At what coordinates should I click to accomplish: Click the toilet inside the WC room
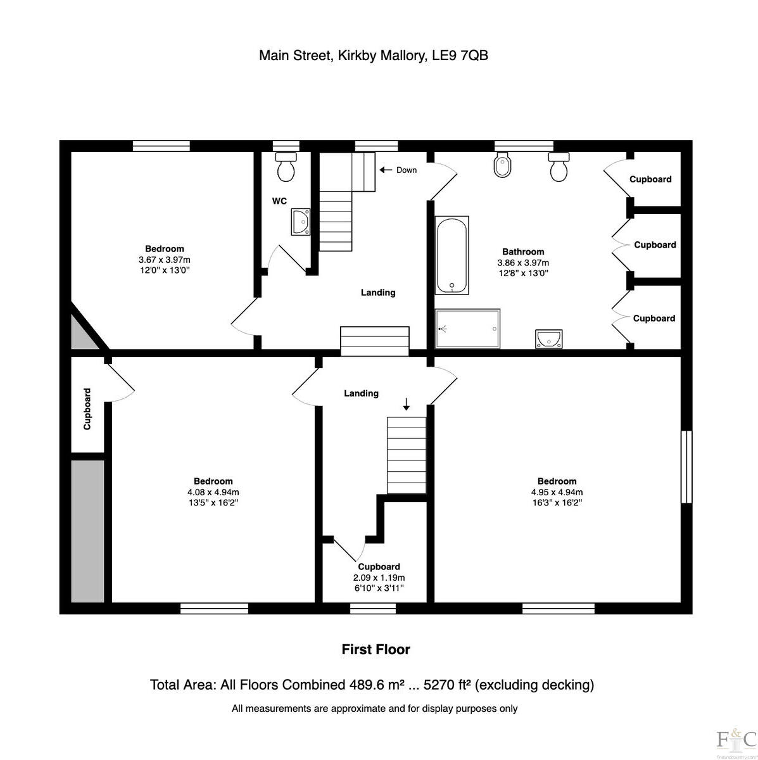point(286,167)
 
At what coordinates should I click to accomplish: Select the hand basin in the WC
point(301,222)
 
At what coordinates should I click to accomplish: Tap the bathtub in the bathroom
point(452,255)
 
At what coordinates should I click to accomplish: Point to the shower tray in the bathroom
point(467,329)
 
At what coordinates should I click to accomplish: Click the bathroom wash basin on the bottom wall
point(548,339)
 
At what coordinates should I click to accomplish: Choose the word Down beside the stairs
point(407,170)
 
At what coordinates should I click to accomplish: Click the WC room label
point(279,201)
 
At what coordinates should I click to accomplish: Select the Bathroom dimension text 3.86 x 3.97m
point(523,263)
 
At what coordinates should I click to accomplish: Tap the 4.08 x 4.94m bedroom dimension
point(213,492)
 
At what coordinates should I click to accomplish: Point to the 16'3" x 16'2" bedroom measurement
point(557,503)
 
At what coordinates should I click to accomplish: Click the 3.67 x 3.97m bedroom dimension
point(164,260)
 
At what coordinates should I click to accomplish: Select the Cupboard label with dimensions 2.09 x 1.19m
point(379,567)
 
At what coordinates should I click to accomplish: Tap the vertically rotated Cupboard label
point(87,409)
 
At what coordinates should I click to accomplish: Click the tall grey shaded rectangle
point(87,531)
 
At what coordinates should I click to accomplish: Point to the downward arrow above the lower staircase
point(407,403)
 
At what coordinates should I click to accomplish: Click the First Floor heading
point(376,649)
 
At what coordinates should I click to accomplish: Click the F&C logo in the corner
point(736,739)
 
